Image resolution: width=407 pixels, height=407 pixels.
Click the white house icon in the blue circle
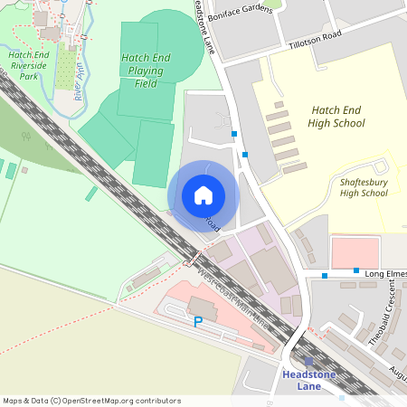click(x=203, y=194)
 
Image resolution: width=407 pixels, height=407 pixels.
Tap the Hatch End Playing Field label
click(x=146, y=70)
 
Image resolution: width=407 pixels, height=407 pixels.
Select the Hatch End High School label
click(x=336, y=116)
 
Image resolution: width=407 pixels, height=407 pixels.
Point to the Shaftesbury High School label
click(x=363, y=187)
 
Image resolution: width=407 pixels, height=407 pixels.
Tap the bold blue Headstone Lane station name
click(x=308, y=380)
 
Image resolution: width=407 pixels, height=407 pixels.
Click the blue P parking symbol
click(x=198, y=321)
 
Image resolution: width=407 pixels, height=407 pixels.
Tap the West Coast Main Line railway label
click(x=232, y=297)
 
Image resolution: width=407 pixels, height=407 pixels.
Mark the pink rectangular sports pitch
click(x=355, y=252)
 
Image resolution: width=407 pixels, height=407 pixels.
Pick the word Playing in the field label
click(x=146, y=70)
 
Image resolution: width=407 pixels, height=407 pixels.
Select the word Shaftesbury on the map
click(x=363, y=182)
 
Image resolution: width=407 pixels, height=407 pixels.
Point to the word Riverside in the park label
click(x=34, y=65)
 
